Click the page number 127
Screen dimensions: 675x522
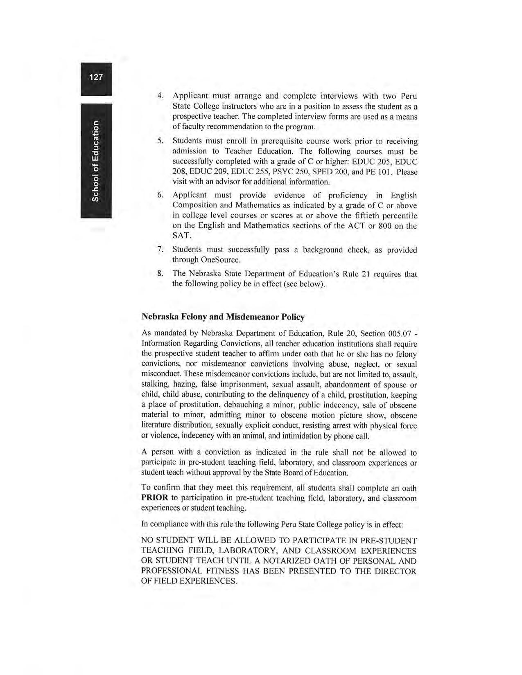tap(96, 77)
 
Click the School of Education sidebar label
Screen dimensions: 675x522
tap(95, 161)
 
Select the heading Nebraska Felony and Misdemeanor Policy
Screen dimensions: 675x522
tap(223, 317)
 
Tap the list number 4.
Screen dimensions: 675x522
tap(160, 96)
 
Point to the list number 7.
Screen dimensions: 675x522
tap(160, 250)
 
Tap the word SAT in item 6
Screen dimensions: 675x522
tap(181, 236)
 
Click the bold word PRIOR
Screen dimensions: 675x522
tap(154, 498)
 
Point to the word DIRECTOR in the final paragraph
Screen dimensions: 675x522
tap(393, 571)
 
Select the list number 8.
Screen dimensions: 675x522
tap(160, 274)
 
